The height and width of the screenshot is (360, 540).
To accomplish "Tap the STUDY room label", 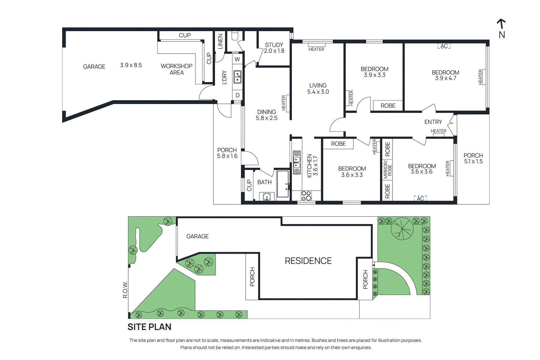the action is coord(274,45).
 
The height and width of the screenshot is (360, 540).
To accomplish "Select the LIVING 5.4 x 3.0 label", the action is coord(318,88).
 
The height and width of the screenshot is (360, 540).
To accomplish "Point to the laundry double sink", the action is coord(238,77).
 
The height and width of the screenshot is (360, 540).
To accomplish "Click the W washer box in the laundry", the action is coord(237,59).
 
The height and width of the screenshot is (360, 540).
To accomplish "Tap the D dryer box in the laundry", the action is coord(238,95).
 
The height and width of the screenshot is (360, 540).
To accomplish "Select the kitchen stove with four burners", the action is coord(306,196).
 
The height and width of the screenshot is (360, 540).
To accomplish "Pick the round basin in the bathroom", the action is coord(267,197).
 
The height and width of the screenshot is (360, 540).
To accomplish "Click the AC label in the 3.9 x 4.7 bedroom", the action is coord(444,46).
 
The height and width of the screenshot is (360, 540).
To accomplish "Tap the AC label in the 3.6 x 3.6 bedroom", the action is coord(421,198).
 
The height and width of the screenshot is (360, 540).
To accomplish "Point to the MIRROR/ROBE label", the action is coord(387,170).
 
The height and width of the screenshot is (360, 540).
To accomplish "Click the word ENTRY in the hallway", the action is coord(433,122).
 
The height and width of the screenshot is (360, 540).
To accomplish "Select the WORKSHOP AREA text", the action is coord(177,69).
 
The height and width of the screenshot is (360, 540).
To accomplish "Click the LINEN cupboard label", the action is coord(220,41).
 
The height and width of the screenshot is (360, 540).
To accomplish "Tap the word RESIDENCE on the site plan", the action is coord(308,261).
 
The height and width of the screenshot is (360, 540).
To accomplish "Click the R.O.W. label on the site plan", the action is coord(125,289).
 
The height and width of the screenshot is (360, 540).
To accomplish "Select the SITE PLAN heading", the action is coord(149,327).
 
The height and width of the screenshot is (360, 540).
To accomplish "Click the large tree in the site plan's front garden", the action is coord(402,228).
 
